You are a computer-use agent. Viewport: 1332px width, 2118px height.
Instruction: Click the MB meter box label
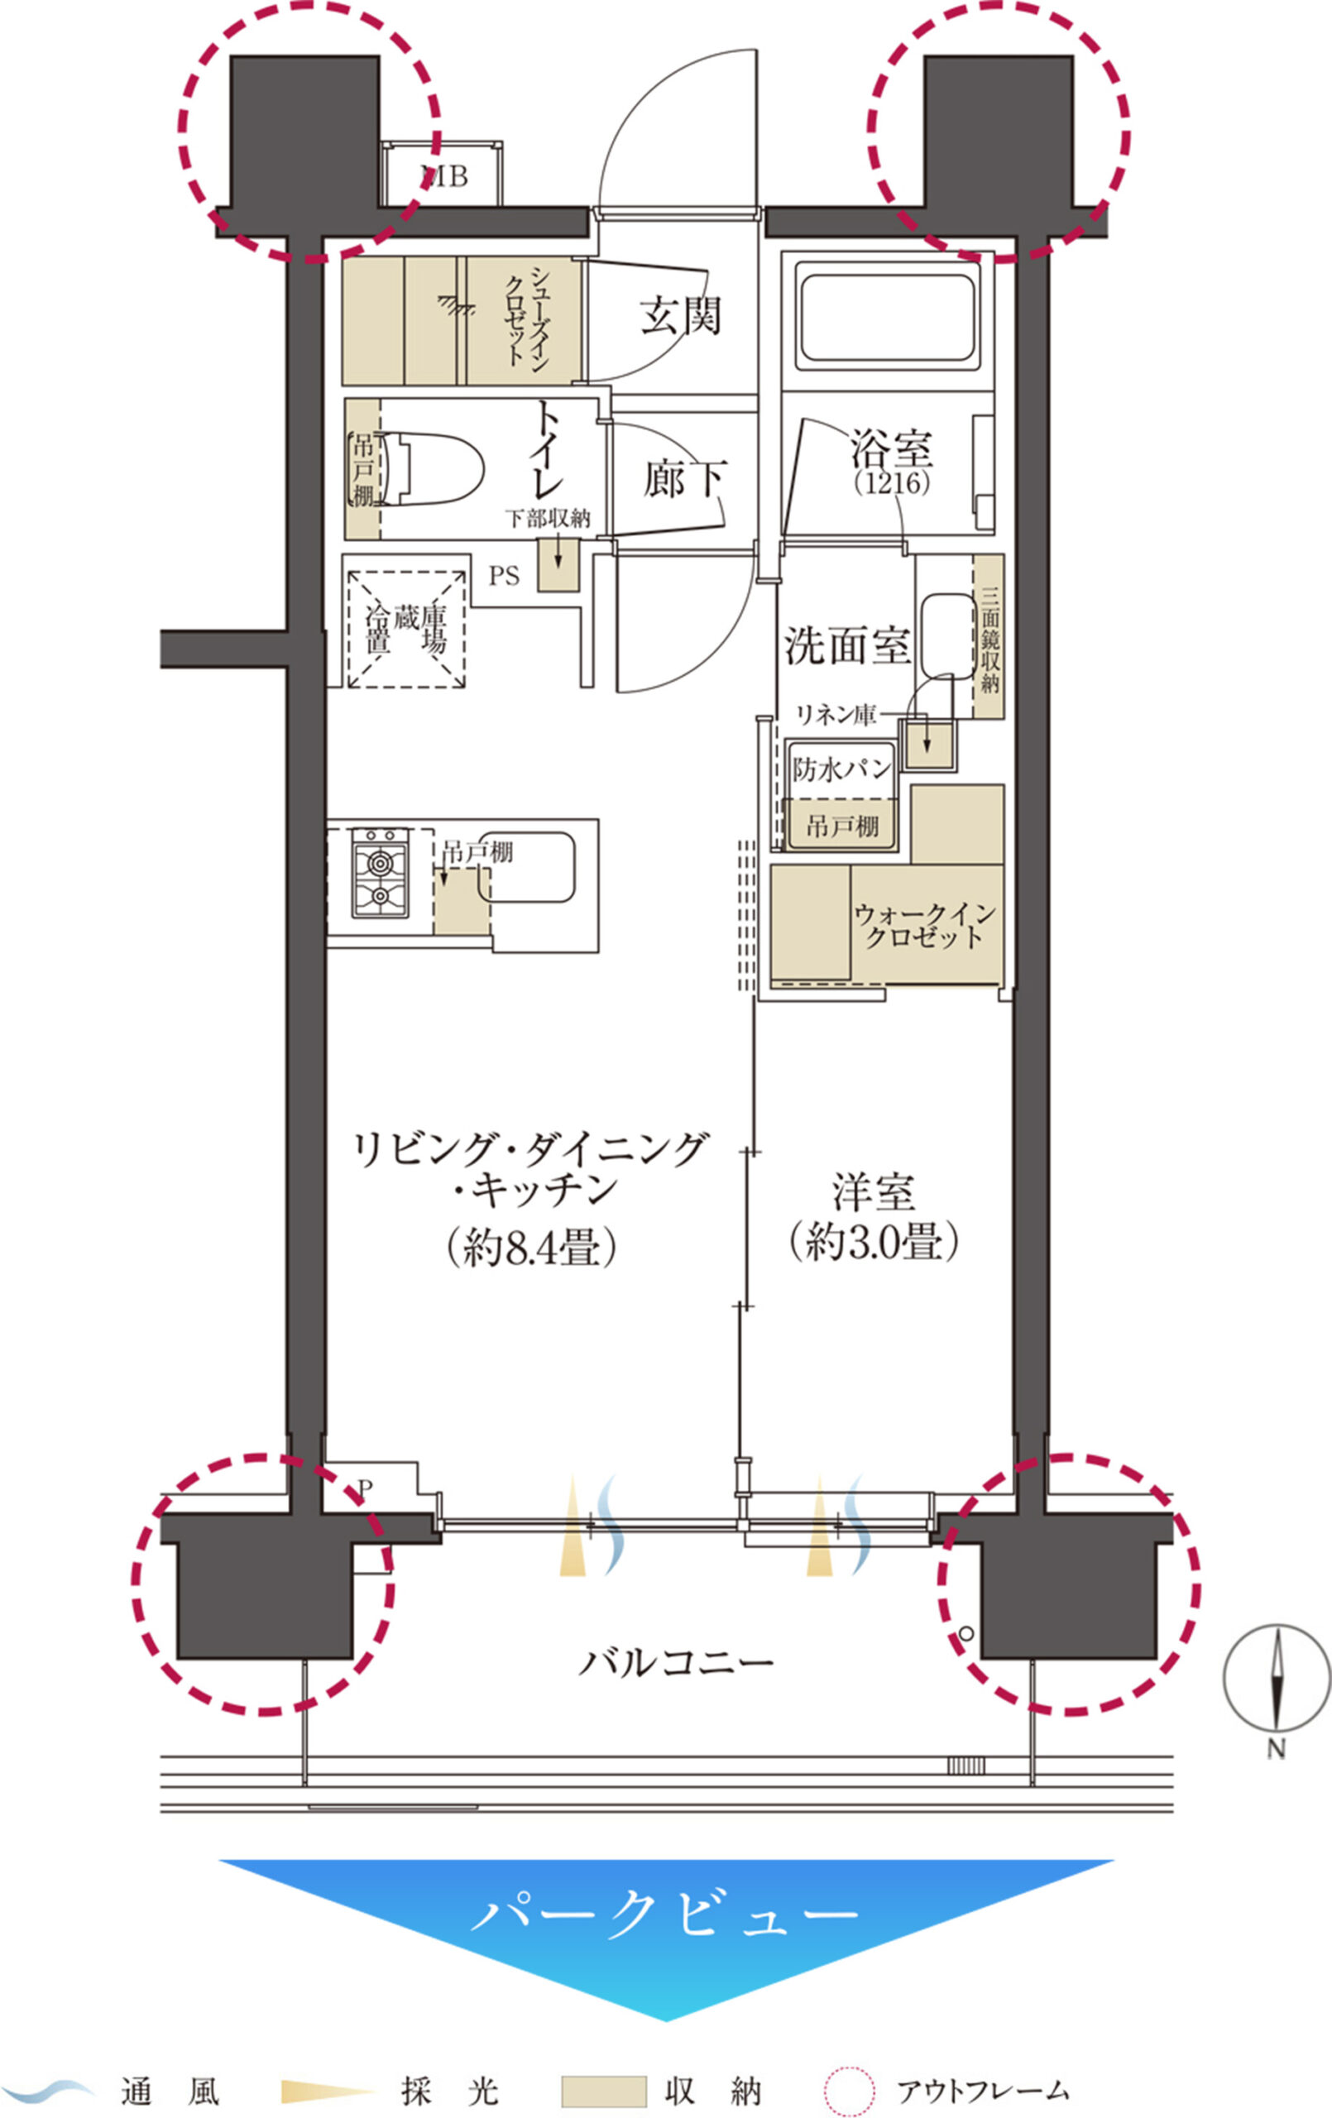[x=446, y=177]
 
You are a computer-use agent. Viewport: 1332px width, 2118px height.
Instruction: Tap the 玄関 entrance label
[x=681, y=317]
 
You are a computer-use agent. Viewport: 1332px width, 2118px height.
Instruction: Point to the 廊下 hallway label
[x=684, y=479]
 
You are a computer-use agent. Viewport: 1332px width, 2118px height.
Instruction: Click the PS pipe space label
[x=504, y=576]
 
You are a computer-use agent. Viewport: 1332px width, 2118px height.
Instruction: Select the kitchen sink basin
[x=527, y=867]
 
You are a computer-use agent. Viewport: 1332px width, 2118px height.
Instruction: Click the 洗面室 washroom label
[x=847, y=645]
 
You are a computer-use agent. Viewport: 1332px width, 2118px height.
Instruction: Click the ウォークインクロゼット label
[x=924, y=925]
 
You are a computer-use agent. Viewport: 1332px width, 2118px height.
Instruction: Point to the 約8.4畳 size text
[x=529, y=1248]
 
